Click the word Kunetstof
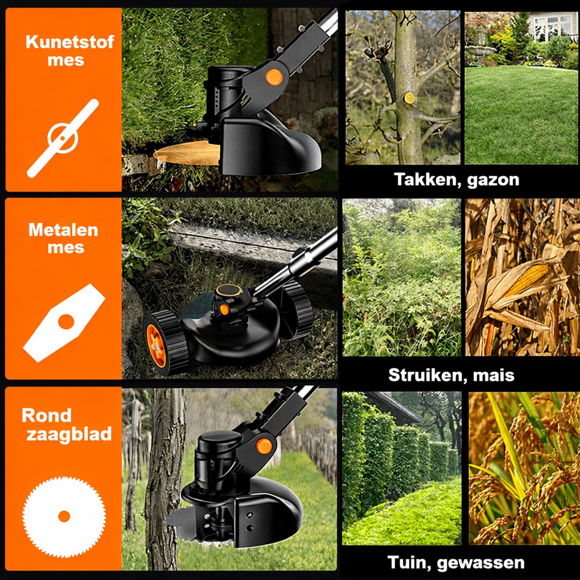[x=70, y=42]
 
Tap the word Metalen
[x=63, y=230]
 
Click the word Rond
[x=47, y=415]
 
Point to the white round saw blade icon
[x=64, y=516]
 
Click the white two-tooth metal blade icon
[x=64, y=322]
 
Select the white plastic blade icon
[x=63, y=138]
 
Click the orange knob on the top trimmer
[x=274, y=77]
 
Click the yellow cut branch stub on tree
[x=409, y=98]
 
